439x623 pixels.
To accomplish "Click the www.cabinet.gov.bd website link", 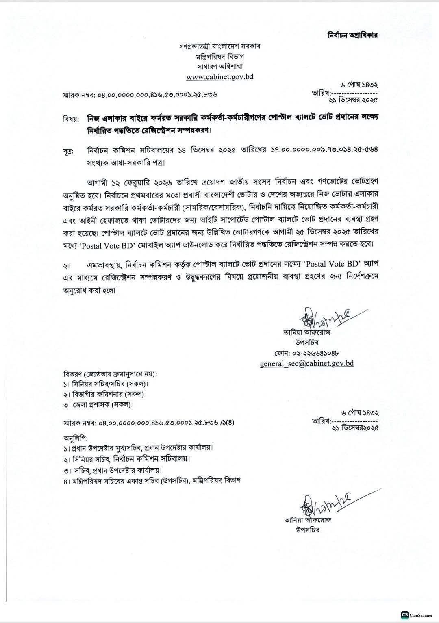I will tap(219, 76).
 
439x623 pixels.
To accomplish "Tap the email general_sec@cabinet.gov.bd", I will tap(306, 363).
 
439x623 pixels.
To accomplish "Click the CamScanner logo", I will tap(404, 615).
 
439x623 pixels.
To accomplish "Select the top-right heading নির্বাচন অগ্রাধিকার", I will tap(353, 35).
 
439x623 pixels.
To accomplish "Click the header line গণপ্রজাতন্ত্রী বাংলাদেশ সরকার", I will tap(219, 46).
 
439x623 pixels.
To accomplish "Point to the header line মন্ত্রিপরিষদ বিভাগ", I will tap(219, 56).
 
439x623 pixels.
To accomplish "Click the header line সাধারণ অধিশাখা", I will tap(219, 66).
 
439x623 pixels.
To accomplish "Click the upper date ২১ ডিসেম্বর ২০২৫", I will tap(355, 99).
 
